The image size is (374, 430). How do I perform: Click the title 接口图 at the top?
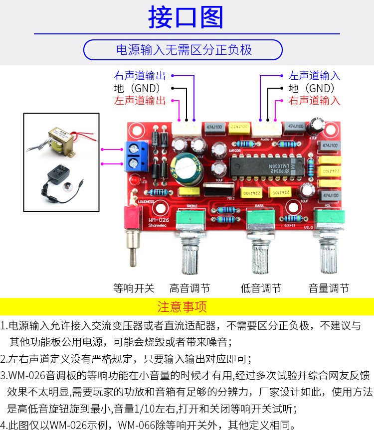click(x=186, y=17)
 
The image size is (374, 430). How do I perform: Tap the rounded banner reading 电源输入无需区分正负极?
click(x=183, y=50)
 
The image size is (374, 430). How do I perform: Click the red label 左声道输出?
click(x=140, y=100)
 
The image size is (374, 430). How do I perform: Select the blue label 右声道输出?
click(x=140, y=76)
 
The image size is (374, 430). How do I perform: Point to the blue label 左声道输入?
click(x=314, y=76)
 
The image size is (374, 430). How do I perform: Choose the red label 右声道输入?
click(x=314, y=100)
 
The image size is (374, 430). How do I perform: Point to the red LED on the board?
click(x=134, y=180)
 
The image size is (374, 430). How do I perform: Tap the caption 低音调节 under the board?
click(x=261, y=288)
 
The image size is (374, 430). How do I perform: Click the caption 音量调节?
click(x=329, y=288)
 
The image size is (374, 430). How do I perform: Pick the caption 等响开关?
click(x=134, y=288)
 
